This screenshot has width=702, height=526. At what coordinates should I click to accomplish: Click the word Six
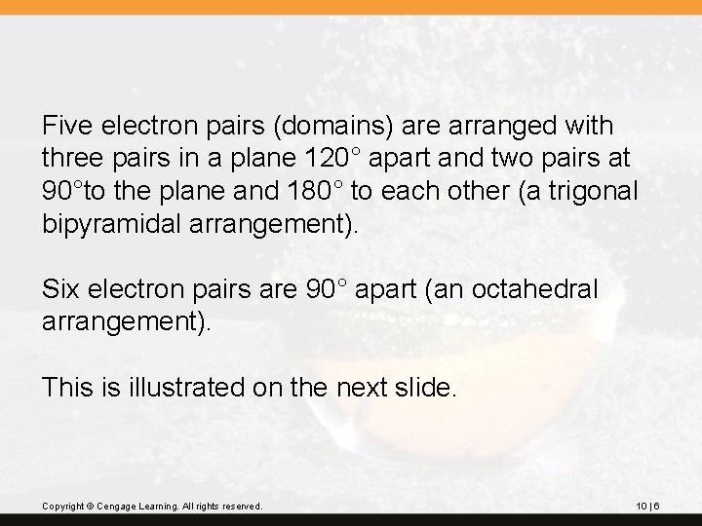(60, 289)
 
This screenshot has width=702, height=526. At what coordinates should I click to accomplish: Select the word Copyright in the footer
(61, 507)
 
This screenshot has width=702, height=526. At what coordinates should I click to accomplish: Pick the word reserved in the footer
(242, 507)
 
